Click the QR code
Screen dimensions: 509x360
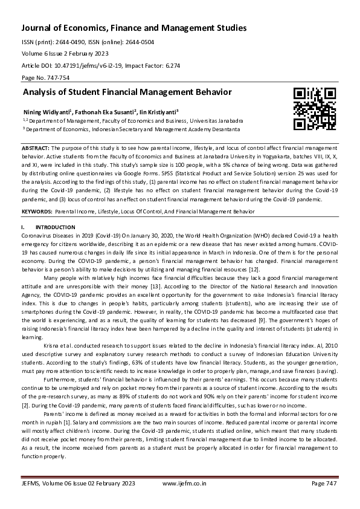[x=315, y=109]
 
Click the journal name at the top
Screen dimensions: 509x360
[x=134, y=28]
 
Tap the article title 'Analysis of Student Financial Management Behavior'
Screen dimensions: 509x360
[x=127, y=92]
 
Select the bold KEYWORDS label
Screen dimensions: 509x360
[x=36, y=212]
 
